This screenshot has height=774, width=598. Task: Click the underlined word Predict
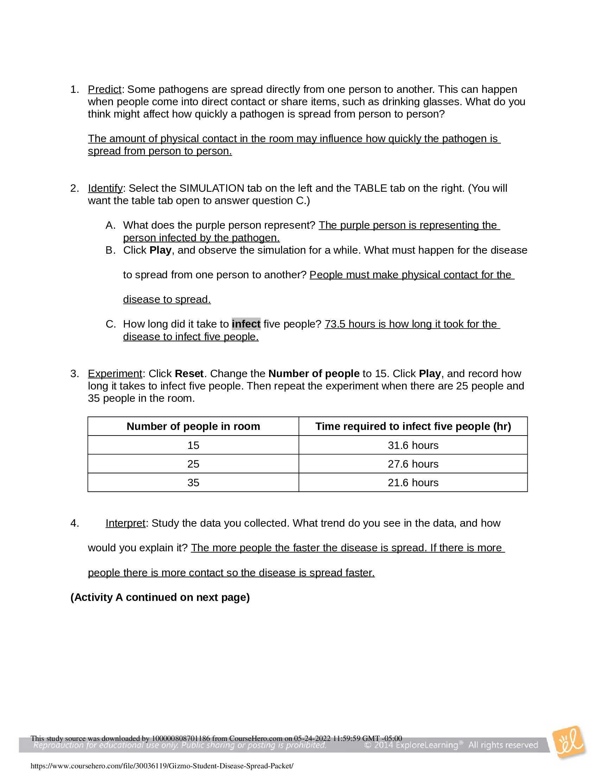[104, 89]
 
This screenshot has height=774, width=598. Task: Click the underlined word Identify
[105, 188]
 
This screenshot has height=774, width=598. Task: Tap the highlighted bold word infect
[246, 324]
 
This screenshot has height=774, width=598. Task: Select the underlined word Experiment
[115, 374]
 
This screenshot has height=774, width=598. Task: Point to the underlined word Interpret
[126, 523]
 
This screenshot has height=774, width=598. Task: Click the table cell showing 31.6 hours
[413, 445]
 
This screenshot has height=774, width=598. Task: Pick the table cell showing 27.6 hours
[413, 464]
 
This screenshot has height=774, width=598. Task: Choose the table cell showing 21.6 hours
[413, 483]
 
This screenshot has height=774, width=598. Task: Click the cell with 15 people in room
[193, 445]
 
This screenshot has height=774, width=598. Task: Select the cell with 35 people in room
[193, 483]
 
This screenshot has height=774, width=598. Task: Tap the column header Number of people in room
[193, 426]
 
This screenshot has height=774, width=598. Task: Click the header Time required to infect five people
[413, 426]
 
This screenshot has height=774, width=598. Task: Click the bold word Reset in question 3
[189, 374]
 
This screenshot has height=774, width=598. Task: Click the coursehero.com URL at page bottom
[162, 766]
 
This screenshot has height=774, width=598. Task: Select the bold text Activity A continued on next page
[160, 597]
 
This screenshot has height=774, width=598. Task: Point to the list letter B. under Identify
[110, 250]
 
